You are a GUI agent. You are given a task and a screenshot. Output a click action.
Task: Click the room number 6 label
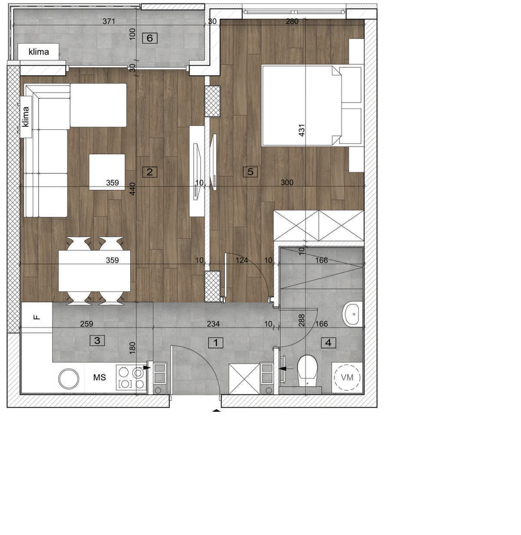tap(150, 38)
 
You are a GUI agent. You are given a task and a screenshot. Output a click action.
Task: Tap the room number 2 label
tap(150, 172)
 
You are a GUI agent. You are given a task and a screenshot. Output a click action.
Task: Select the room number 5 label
tap(251, 171)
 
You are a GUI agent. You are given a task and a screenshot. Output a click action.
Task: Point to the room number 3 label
tap(97, 340)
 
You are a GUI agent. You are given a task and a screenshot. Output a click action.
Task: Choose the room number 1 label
tap(215, 343)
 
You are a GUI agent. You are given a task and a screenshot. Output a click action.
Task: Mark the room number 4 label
tap(328, 343)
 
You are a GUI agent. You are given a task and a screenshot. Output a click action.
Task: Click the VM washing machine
tap(347, 377)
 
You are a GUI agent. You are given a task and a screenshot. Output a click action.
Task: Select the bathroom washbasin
tap(353, 314)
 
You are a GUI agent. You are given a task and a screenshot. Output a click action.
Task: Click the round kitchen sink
tap(68, 378)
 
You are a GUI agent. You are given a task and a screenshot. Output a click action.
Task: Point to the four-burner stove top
tap(131, 377)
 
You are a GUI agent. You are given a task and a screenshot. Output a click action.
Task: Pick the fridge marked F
tap(37, 318)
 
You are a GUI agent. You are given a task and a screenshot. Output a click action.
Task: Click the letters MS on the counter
tap(99, 377)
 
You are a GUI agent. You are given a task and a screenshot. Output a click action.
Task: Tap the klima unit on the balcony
tap(39, 52)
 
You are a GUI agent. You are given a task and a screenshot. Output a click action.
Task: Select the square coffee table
tap(107, 172)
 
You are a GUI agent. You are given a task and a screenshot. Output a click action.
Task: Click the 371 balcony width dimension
tap(109, 21)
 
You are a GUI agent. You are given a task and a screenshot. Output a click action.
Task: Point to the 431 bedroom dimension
tap(302, 130)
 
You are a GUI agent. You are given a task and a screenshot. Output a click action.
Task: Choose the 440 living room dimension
tap(133, 189)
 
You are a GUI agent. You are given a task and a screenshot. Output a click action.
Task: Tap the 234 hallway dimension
tap(213, 324)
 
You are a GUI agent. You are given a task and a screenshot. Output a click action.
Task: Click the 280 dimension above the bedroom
tap(292, 21)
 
